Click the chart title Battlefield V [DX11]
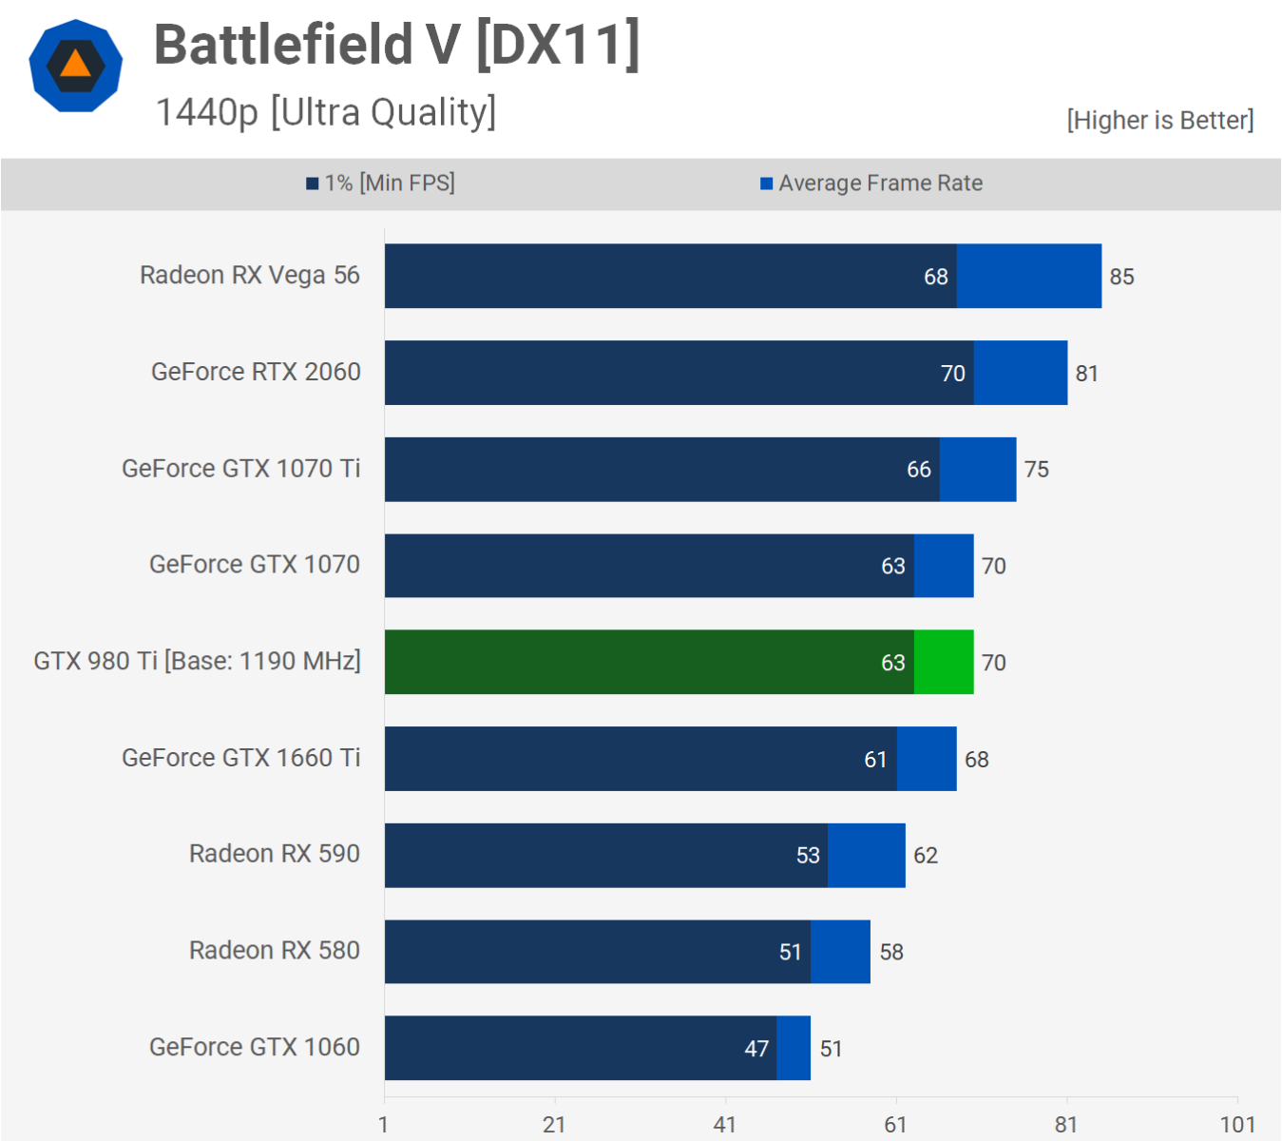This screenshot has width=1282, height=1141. click(x=396, y=46)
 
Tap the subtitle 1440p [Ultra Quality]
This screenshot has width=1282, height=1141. click(x=325, y=112)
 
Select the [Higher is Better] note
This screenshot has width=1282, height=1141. click(x=1159, y=121)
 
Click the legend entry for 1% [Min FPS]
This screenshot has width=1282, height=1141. click(x=380, y=183)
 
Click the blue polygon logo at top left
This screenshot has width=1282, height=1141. click(x=76, y=66)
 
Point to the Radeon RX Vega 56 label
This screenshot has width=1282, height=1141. click(x=249, y=276)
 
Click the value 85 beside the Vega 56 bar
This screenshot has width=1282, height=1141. click(x=1121, y=277)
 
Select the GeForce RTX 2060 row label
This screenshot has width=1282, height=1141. click(x=256, y=372)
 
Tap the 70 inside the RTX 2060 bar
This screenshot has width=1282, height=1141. click(x=952, y=374)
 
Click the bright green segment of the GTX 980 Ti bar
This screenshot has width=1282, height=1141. click(x=944, y=662)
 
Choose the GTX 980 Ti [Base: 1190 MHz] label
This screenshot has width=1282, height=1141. click(x=197, y=661)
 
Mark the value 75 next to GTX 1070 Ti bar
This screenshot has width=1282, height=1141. click(x=1036, y=470)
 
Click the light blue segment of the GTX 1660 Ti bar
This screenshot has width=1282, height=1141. click(x=927, y=759)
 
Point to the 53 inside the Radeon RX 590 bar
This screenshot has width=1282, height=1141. click(x=808, y=856)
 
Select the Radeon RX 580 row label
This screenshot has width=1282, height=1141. click(x=274, y=951)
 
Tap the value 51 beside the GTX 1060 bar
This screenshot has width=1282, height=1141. click(x=831, y=1049)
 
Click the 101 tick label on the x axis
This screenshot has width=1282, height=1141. click(x=1237, y=1125)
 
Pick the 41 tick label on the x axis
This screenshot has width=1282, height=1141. click(x=725, y=1125)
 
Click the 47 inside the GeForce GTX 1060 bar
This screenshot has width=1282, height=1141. click(x=756, y=1049)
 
